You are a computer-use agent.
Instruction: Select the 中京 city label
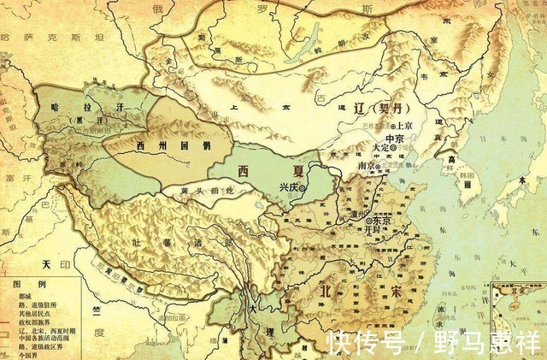[x=394, y=139]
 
